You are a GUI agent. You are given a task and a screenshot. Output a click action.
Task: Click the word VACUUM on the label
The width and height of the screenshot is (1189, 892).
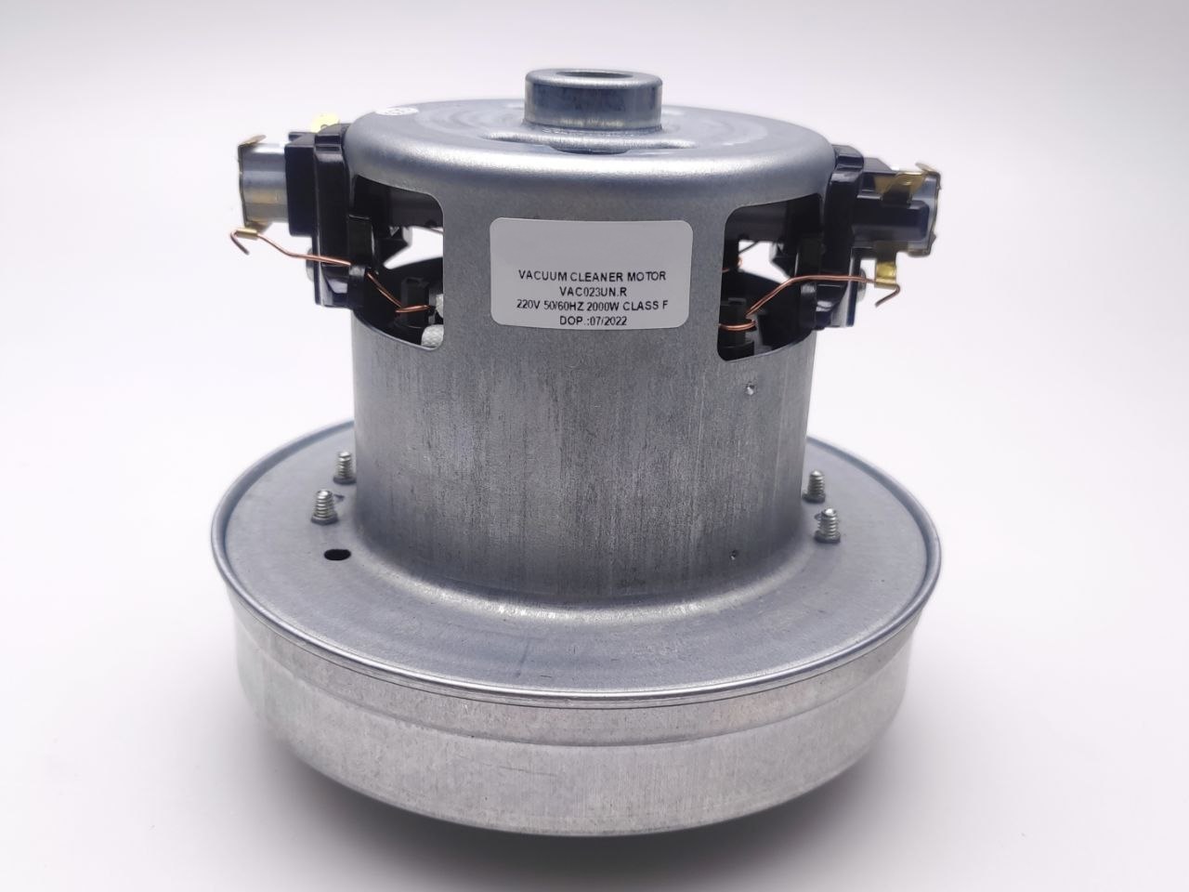click(x=540, y=275)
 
